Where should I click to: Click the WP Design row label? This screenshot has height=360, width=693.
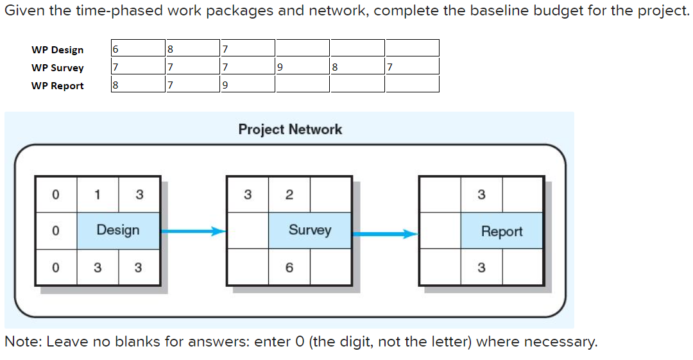tap(57, 50)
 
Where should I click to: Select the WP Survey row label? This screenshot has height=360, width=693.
tap(57, 68)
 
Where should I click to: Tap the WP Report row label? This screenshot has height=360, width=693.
tap(57, 86)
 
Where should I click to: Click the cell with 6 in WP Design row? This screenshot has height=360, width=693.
tap(137, 48)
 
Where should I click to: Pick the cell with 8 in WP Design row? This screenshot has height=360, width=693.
tap(192, 48)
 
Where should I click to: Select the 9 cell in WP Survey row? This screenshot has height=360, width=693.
tap(302, 66)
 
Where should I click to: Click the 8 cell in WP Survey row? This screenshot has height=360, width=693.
tap(357, 66)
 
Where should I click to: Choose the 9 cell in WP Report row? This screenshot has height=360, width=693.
tap(246, 84)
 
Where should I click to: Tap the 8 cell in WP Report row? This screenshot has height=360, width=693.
tap(137, 84)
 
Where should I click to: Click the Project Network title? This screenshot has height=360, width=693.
tap(290, 129)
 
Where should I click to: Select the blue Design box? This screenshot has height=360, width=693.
tap(118, 230)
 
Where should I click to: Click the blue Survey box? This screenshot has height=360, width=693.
tap(309, 230)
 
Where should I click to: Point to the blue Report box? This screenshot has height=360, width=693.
tap(502, 232)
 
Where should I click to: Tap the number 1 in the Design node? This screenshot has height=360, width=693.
tap(97, 194)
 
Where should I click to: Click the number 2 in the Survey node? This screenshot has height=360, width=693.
tap(289, 194)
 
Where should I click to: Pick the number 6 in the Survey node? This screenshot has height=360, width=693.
tap(289, 268)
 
